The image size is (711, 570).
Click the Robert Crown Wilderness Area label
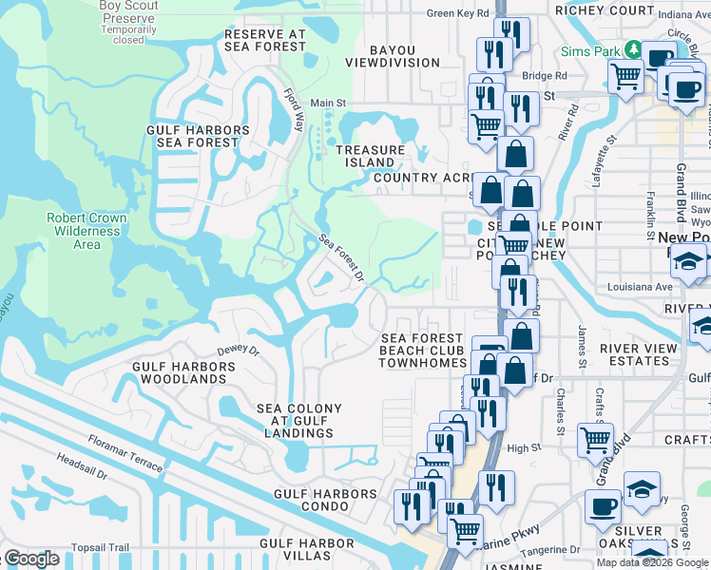(x=86, y=231)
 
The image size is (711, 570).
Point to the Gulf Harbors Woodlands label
(x=180, y=372)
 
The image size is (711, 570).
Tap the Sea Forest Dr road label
(x=341, y=257)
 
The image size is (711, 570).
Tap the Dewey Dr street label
(x=238, y=350)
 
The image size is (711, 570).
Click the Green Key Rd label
(x=457, y=13)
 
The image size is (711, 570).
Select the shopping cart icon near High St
(x=595, y=439)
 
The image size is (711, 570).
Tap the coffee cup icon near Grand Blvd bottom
(x=602, y=505)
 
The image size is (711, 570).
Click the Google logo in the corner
(x=30, y=559)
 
